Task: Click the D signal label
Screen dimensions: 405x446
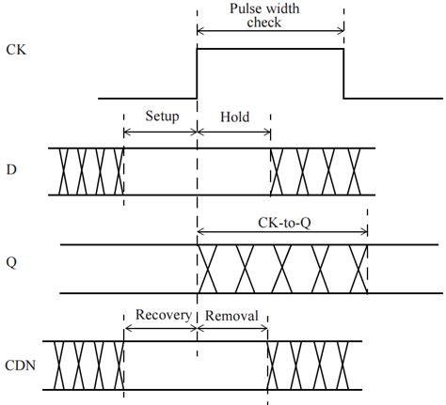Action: (11, 171)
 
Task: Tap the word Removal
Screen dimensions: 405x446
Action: (231, 315)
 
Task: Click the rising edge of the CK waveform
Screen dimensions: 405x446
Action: (197, 73)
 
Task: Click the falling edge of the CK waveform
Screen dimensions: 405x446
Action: (343, 73)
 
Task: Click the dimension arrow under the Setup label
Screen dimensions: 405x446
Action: (160, 132)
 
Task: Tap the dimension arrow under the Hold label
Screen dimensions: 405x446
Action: (233, 132)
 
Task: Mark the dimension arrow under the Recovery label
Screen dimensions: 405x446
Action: (160, 328)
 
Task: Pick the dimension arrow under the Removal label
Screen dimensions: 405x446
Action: (231, 328)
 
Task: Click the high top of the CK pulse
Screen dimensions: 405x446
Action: (270, 50)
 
